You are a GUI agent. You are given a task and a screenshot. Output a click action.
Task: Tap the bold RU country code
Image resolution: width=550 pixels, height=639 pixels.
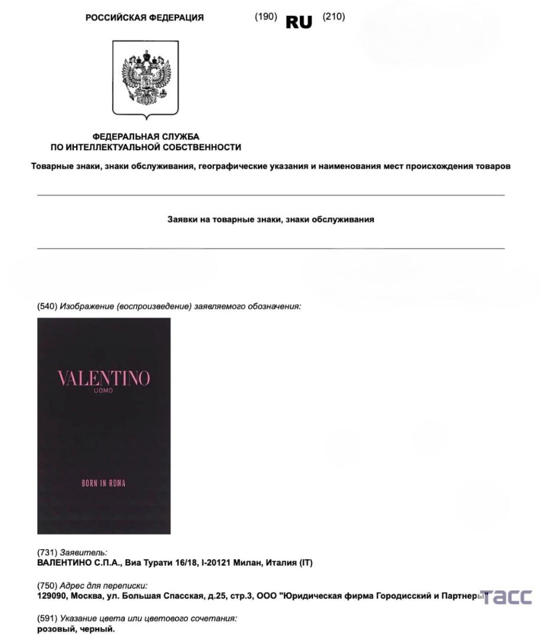(x=299, y=22)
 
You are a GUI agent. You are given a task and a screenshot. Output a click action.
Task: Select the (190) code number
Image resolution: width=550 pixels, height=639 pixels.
(x=266, y=17)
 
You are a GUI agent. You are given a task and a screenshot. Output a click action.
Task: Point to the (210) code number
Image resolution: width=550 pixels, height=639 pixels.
(x=334, y=17)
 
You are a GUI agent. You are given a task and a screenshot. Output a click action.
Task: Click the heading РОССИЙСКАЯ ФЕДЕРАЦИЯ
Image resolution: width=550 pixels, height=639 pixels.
(x=145, y=18)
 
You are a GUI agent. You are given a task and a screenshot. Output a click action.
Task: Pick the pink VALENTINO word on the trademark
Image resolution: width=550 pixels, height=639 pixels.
(x=103, y=379)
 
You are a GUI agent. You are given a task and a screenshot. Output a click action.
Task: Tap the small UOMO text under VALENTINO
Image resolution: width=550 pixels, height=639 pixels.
(x=103, y=392)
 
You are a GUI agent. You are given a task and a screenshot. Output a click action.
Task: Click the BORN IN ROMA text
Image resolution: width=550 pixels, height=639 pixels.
(x=103, y=483)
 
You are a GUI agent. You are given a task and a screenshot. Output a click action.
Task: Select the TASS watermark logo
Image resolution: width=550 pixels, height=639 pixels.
(x=506, y=597)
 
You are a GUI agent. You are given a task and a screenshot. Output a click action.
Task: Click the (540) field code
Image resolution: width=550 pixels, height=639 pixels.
(x=47, y=306)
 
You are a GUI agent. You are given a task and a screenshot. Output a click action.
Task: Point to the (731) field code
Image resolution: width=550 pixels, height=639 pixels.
(x=47, y=552)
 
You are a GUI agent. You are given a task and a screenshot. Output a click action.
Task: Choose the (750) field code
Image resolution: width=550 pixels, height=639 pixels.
(x=47, y=586)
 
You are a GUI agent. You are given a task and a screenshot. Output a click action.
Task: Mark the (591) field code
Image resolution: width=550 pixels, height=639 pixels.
(x=47, y=618)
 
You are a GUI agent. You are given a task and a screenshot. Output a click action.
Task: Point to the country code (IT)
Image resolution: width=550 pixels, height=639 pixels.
(x=305, y=563)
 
